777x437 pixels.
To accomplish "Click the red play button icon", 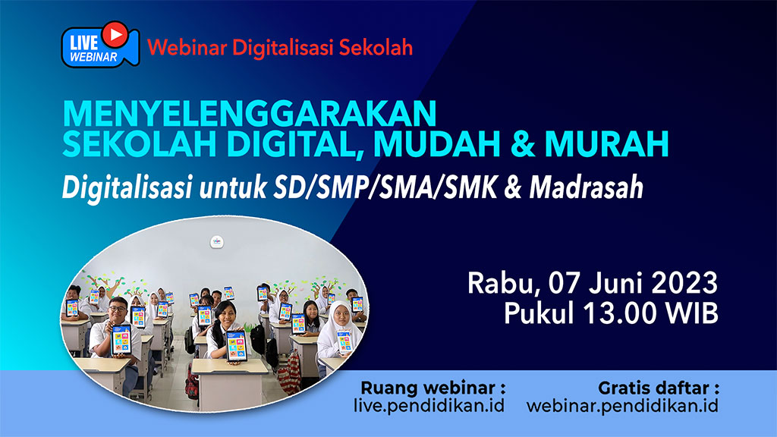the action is (x=115, y=34).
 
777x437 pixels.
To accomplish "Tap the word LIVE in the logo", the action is (x=83, y=42).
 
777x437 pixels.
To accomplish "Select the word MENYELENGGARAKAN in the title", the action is (x=249, y=114).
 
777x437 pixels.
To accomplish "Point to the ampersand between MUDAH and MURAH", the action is (x=523, y=144).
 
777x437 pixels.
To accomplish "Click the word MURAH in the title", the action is (x=606, y=143).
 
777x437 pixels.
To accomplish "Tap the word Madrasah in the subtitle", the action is (x=587, y=188).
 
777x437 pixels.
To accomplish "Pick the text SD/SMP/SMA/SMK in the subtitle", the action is (x=385, y=188).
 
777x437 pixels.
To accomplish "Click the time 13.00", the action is (x=619, y=313).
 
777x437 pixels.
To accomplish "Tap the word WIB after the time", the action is (x=692, y=313).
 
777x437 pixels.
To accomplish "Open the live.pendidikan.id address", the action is (x=429, y=406).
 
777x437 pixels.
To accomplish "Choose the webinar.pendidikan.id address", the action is (x=622, y=406).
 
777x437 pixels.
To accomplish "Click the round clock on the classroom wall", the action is (x=216, y=242).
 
